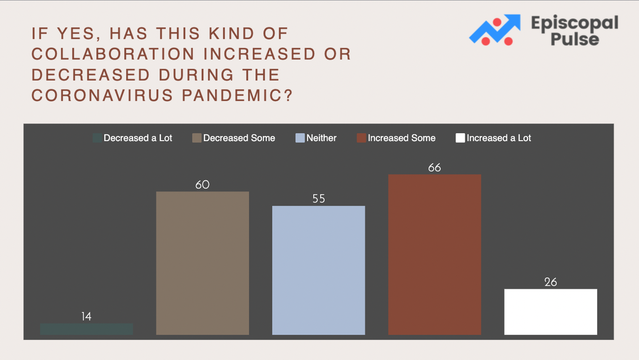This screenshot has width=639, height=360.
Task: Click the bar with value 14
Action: tap(87, 329)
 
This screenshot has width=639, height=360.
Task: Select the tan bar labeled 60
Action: tap(203, 263)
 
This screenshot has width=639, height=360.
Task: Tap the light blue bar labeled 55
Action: tap(319, 270)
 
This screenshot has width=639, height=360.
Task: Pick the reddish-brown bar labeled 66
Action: tap(434, 255)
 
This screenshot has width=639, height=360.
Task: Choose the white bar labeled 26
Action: tap(551, 312)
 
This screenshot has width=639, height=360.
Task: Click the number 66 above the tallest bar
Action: tap(434, 168)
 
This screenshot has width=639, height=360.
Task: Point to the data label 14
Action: tap(87, 316)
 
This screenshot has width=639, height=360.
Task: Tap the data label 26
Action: tap(551, 282)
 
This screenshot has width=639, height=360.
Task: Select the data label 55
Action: tap(319, 198)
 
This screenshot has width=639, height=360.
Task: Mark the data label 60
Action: tap(203, 185)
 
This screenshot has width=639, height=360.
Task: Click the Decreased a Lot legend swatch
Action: tap(97, 138)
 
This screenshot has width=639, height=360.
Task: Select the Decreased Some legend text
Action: tap(239, 138)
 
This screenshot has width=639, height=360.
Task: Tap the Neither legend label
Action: tap(322, 138)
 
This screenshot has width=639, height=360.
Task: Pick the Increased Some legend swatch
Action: tap(361, 138)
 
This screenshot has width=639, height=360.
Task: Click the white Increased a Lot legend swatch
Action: tap(460, 138)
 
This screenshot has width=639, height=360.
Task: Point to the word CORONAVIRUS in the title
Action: tap(101, 95)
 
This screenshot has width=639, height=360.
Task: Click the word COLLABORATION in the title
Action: tap(113, 54)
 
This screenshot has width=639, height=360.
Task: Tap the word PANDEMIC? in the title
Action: tap(237, 95)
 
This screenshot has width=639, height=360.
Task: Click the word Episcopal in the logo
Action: tap(574, 24)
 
